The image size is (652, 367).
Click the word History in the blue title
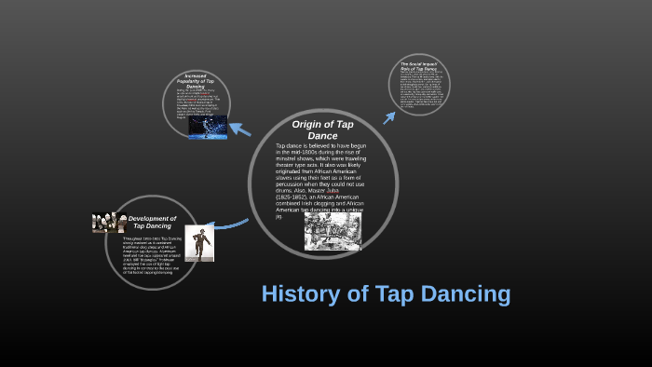pyautogui.click(x=299, y=294)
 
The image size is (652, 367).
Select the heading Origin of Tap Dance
pyautogui.click(x=322, y=129)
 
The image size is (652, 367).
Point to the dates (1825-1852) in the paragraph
pyautogui.click(x=295, y=197)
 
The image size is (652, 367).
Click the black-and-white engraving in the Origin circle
pyautogui.click(x=333, y=232)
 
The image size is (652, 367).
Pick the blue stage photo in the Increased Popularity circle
pyautogui.click(x=208, y=128)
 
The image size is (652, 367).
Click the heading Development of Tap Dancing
pyautogui.click(x=152, y=222)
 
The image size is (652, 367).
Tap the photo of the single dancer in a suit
pyautogui.click(x=198, y=243)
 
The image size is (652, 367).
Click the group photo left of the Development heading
pyautogui.click(x=109, y=223)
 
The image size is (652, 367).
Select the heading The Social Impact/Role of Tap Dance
pyautogui.click(x=418, y=66)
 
